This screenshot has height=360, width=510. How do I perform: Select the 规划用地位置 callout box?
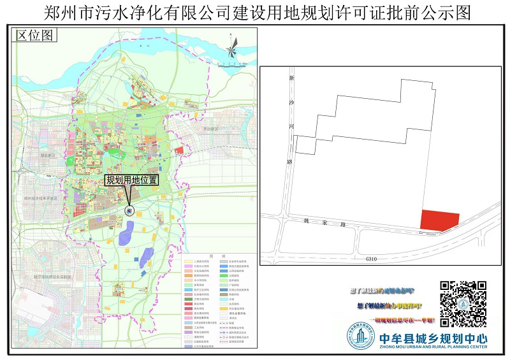(x=132, y=180)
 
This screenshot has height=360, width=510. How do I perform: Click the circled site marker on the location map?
(x=129, y=210)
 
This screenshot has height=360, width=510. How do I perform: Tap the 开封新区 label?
(x=210, y=129)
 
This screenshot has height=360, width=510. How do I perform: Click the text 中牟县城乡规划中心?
(x=432, y=338)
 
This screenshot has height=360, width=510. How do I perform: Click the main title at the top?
(x=255, y=13)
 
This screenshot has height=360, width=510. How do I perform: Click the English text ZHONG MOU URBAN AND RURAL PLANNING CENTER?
(x=432, y=347)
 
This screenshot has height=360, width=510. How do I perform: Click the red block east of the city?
(x=179, y=150)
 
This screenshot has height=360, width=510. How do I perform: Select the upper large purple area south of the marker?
(x=125, y=236)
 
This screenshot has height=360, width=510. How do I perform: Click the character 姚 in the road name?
(x=305, y=222)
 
